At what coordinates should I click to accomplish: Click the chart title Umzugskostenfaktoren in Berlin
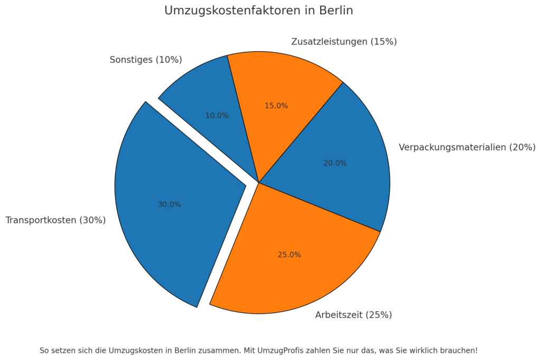[x=258, y=11]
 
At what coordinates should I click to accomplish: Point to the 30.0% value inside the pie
[x=169, y=205]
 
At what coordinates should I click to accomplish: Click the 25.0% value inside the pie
[x=289, y=255]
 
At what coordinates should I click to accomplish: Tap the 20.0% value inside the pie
[x=335, y=164]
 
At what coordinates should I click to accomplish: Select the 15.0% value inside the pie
[x=276, y=106]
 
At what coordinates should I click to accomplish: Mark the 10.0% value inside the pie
[x=217, y=116]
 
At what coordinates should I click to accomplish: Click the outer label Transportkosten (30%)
[x=55, y=221]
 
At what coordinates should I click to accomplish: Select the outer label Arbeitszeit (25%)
[x=353, y=315]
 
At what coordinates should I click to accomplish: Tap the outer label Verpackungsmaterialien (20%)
[x=467, y=147]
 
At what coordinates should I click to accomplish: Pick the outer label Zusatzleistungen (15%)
[x=344, y=42]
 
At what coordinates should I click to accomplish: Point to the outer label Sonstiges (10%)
[x=146, y=60]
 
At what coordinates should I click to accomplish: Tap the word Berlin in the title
[x=336, y=11]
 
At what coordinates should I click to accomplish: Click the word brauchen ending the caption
[x=460, y=350]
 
